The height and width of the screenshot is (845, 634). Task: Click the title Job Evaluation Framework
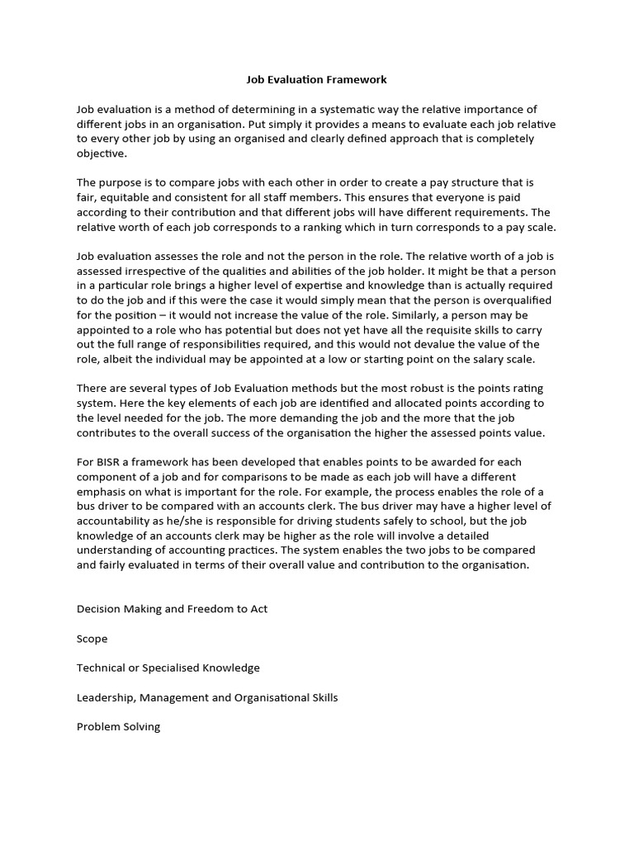[317, 80]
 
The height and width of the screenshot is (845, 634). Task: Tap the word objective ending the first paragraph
[102, 153]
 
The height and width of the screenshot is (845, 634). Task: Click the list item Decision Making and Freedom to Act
[172, 608]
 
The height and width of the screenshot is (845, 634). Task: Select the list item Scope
[92, 638]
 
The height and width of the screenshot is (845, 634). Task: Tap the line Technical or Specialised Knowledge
[168, 668]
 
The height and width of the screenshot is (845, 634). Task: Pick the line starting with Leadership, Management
[206, 697]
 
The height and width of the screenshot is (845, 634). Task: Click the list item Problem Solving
[118, 727]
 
